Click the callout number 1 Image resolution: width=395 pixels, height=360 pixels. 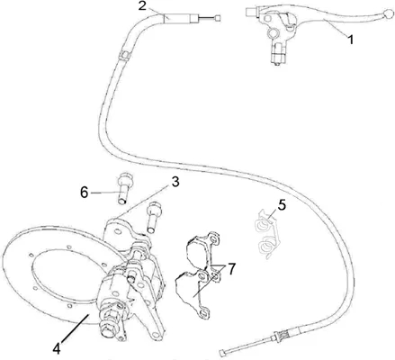(351, 40)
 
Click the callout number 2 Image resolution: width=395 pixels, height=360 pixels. (142, 5)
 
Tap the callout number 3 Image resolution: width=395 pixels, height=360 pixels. (175, 182)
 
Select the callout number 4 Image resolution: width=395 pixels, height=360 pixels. (57, 348)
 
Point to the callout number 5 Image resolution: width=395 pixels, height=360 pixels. (282, 205)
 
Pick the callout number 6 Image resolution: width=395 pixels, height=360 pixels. (85, 193)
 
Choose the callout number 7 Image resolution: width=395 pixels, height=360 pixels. (232, 269)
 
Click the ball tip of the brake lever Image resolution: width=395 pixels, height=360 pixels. (389, 13)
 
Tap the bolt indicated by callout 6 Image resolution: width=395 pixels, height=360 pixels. (123, 189)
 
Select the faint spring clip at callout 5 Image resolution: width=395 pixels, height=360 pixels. (266, 233)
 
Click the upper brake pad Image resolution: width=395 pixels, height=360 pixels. (202, 249)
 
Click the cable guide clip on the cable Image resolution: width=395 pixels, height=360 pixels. (123, 55)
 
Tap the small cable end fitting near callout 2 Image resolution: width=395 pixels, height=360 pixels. (217, 18)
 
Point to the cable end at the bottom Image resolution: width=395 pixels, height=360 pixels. (222, 352)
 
